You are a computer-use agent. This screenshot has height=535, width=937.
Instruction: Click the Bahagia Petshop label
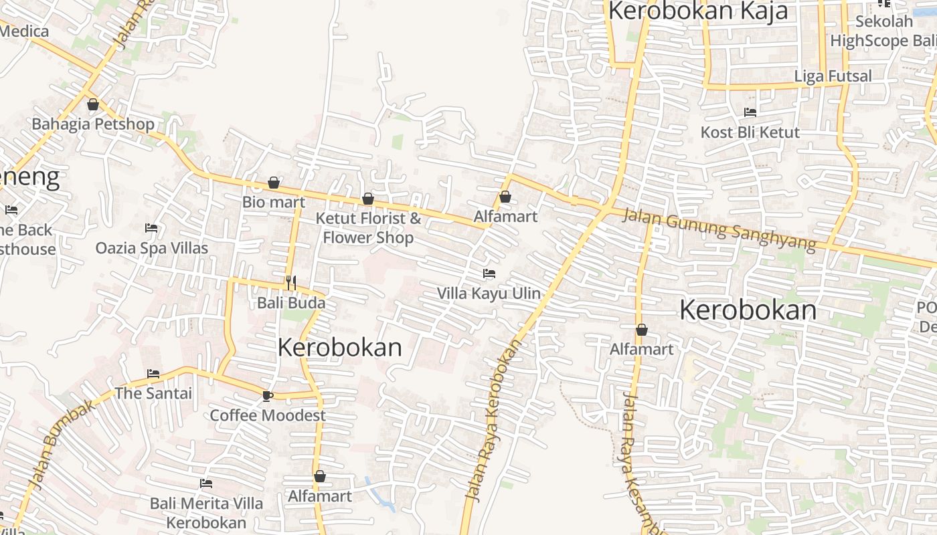[x=93, y=124]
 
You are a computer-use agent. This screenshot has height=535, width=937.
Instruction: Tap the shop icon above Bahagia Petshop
[x=93, y=104]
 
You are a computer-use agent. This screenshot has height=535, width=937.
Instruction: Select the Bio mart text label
[x=274, y=202]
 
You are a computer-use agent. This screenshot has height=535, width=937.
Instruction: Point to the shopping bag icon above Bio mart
[x=274, y=183]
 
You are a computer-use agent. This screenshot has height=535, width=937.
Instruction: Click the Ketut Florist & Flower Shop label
[x=368, y=228]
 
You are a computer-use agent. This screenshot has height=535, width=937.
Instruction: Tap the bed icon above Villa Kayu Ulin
[x=489, y=274]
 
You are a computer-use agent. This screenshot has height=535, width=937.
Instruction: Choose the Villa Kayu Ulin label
[x=489, y=293]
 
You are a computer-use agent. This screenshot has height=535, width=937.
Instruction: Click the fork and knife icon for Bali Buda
[x=291, y=283]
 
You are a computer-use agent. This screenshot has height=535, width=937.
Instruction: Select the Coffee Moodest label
[x=268, y=415]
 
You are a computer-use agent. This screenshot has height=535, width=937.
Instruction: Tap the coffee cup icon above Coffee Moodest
[x=268, y=396]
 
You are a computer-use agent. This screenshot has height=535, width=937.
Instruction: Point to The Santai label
[x=153, y=393]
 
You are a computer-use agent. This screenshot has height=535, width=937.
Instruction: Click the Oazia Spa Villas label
[x=152, y=248]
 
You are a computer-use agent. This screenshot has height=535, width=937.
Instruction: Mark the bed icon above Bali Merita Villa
[x=206, y=484]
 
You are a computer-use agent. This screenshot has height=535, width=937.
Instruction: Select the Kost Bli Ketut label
[x=750, y=132]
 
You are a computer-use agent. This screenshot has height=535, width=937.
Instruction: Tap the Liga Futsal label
[x=833, y=76]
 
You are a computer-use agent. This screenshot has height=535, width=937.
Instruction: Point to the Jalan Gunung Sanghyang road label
[x=719, y=229]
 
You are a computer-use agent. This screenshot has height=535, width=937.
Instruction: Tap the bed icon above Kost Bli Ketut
[x=750, y=112]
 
